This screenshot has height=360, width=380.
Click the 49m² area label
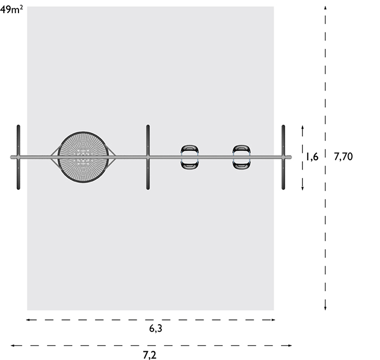pyautogui.click(x=11, y=10)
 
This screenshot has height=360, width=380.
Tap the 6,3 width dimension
pyautogui.click(x=156, y=329)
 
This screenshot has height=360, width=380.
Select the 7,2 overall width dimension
pyautogui.click(x=149, y=355)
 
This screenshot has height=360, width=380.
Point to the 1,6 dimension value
pyautogui.click(x=312, y=157)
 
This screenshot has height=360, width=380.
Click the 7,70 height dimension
pyautogui.click(x=343, y=157)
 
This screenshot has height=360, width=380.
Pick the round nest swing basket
pyautogui.click(x=83, y=157)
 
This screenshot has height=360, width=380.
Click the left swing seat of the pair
pyautogui.click(x=189, y=157)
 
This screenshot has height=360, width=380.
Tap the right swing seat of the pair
pyautogui.click(x=242, y=157)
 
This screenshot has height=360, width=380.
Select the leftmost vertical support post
pyautogui.click(x=18, y=157)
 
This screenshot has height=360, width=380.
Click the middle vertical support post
pyautogui.click(x=148, y=157)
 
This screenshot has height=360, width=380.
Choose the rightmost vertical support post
pyautogui.click(x=283, y=157)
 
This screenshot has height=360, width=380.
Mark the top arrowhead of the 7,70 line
pyautogui.click(x=325, y=8)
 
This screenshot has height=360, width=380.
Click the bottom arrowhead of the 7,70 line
pyautogui.click(x=325, y=308)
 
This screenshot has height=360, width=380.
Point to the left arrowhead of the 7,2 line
pyautogui.click(x=12, y=345)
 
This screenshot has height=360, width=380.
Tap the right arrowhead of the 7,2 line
pyautogui.click(x=289, y=345)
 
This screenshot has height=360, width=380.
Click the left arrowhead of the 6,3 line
pyautogui.click(x=28, y=320)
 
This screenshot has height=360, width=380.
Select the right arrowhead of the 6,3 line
pyautogui.click(x=273, y=320)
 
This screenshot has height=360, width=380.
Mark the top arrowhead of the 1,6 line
pyautogui.click(x=302, y=127)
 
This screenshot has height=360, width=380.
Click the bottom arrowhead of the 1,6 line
pyautogui.click(x=302, y=188)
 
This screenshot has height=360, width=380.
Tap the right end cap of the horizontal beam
pyautogui.click(x=290, y=157)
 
